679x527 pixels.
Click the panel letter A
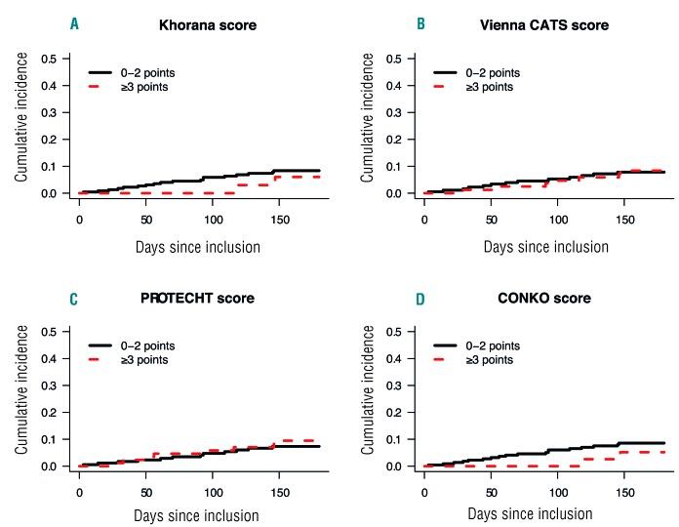(x=74, y=24)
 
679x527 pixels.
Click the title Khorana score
(x=208, y=24)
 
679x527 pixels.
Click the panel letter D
(x=421, y=298)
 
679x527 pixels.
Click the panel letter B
(x=421, y=24)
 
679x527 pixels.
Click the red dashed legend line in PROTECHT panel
(x=104, y=360)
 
